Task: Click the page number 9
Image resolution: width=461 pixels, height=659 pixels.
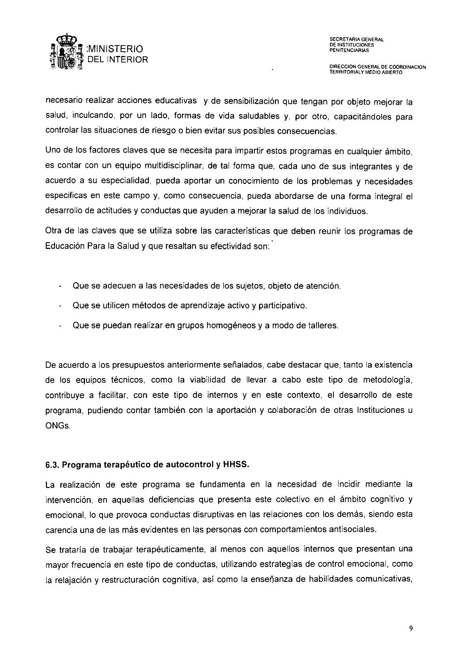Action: [x=411, y=629]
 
